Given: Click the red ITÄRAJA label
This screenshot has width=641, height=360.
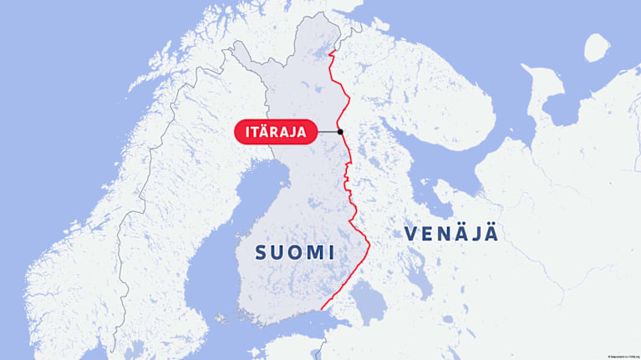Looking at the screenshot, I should [x=276, y=132].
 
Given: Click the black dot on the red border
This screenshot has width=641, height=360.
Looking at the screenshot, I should [x=340, y=133].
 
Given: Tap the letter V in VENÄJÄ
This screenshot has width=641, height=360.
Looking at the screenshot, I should [x=411, y=235].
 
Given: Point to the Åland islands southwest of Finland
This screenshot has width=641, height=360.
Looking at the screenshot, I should [x=222, y=318].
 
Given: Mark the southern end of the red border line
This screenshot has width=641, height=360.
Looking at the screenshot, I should [x=321, y=310].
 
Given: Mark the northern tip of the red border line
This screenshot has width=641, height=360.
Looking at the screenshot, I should [x=332, y=52].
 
